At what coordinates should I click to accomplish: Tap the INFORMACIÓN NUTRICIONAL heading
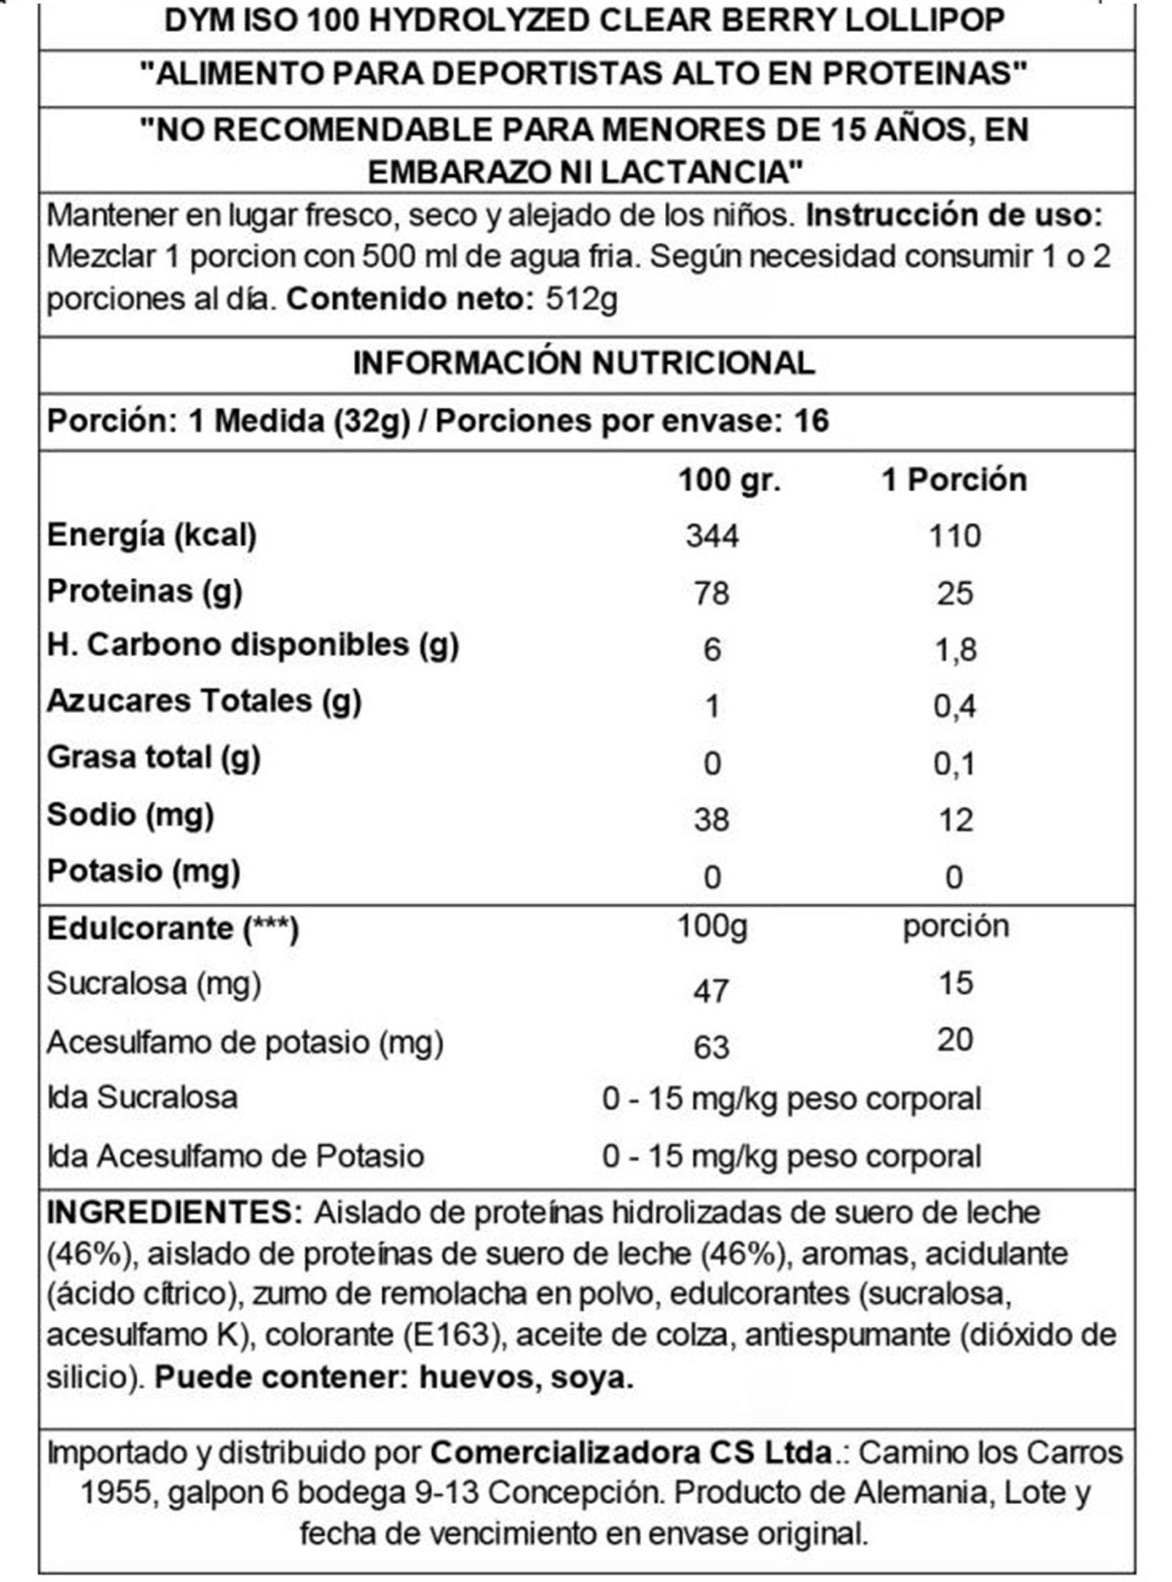point(584,363)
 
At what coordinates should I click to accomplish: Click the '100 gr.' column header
point(729,480)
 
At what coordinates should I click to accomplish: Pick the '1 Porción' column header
point(953,480)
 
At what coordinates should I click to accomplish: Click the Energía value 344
point(712,536)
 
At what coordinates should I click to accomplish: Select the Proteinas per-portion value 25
point(954,593)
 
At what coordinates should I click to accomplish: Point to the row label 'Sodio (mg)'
point(130,814)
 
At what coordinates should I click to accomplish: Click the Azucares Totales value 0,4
point(954,706)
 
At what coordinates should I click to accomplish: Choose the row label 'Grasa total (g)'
point(154,758)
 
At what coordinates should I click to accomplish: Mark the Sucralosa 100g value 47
point(711,991)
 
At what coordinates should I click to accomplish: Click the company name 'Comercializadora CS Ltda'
point(631,1452)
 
